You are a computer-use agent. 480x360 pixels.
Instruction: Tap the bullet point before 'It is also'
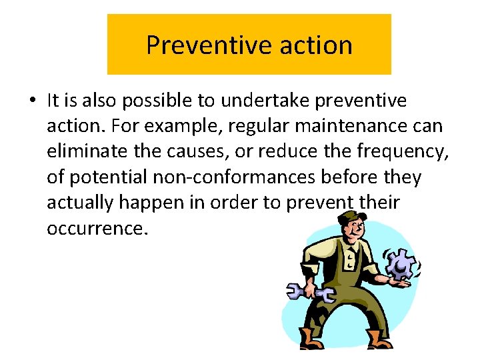[x=32, y=101]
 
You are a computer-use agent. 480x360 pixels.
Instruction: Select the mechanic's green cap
[x=351, y=219]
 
